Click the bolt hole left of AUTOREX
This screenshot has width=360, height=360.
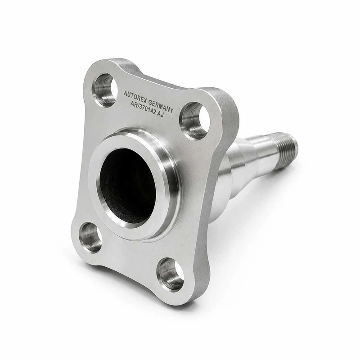pyautogui.click(x=103, y=90)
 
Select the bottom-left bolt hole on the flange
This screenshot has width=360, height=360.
pyautogui.click(x=90, y=238)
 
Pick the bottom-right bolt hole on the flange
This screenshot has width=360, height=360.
pyautogui.click(x=171, y=274)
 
